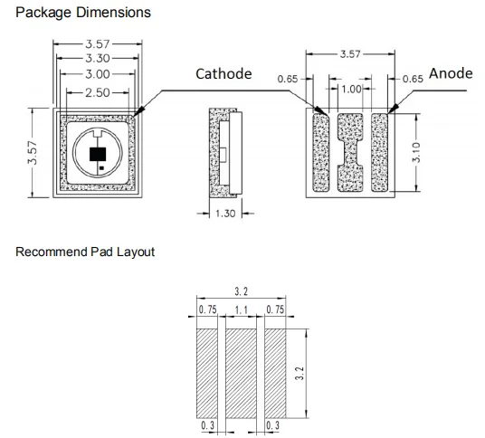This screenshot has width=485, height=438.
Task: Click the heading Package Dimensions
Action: (x=83, y=13)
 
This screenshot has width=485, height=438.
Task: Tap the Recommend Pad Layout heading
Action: (x=85, y=252)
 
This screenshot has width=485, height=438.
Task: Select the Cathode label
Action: (x=223, y=74)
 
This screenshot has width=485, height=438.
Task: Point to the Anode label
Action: (x=451, y=73)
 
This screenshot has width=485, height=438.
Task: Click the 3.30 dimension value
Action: (x=98, y=58)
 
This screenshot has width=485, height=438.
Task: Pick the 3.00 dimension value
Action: (x=98, y=74)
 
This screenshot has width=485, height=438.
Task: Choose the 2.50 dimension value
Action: (x=98, y=92)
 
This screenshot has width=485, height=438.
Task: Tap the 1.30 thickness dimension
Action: (x=225, y=214)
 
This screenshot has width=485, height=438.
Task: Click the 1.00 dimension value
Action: (x=351, y=89)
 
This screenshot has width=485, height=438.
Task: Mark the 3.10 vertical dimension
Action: (x=416, y=152)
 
